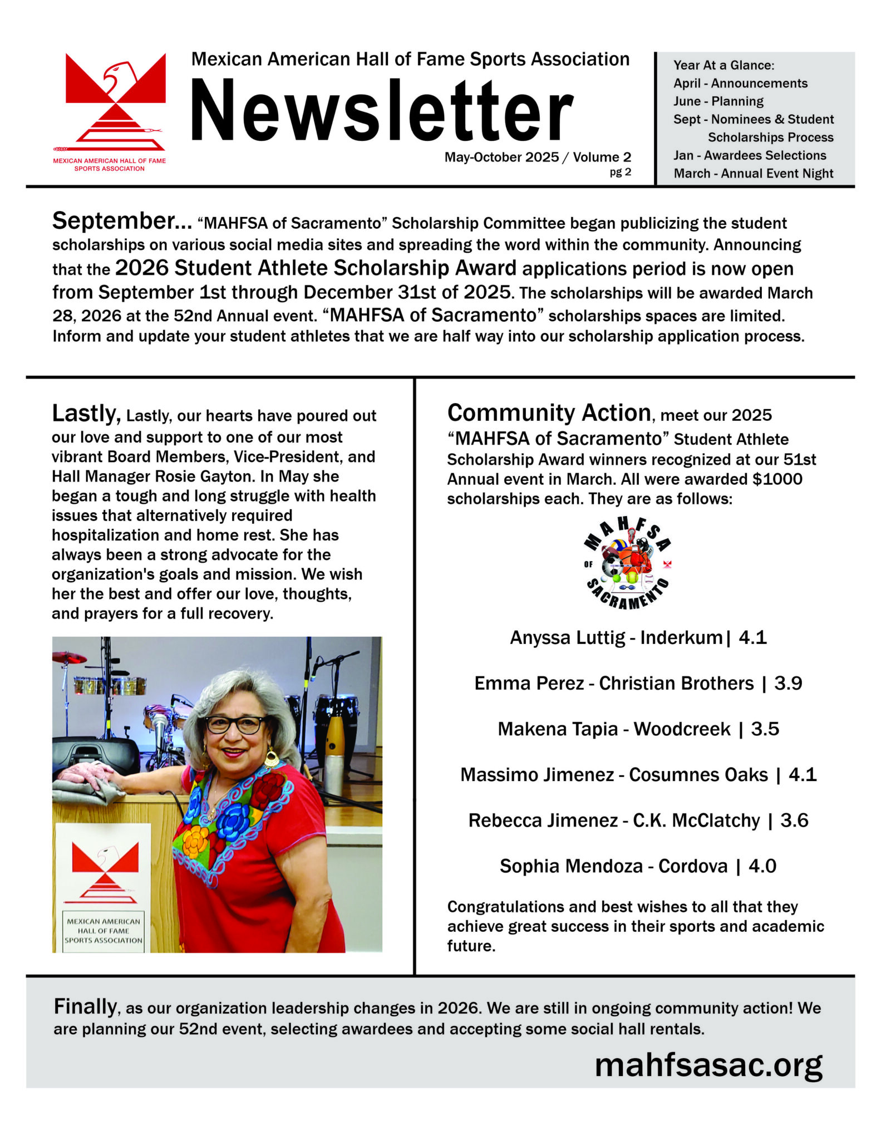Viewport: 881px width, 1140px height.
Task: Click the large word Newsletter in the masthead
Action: pyautogui.click(x=382, y=110)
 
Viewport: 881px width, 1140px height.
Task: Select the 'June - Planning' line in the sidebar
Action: pyautogui.click(x=718, y=101)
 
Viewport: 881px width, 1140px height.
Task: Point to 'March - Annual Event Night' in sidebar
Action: pyautogui.click(x=753, y=174)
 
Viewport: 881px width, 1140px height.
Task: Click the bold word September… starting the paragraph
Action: pyautogui.click(x=122, y=222)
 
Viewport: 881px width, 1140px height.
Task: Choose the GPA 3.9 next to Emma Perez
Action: pyautogui.click(x=788, y=684)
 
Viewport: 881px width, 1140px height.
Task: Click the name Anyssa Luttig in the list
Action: pyautogui.click(x=567, y=638)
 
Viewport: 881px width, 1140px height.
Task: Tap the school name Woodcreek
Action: pyautogui.click(x=682, y=729)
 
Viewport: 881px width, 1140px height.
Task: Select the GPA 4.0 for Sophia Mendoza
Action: pyautogui.click(x=762, y=867)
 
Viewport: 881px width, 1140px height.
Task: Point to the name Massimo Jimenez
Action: pyautogui.click(x=537, y=775)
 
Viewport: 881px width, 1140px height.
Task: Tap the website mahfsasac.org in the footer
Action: pyautogui.click(x=708, y=1065)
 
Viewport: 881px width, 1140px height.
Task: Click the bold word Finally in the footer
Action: pyautogui.click(x=85, y=1007)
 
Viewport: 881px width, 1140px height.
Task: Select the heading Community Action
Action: pyautogui.click(x=549, y=414)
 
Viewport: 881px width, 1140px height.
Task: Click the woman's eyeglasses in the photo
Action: pyautogui.click(x=235, y=725)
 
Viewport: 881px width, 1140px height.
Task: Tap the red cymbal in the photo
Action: pyautogui.click(x=69, y=658)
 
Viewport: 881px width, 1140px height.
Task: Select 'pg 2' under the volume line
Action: pyautogui.click(x=620, y=172)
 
